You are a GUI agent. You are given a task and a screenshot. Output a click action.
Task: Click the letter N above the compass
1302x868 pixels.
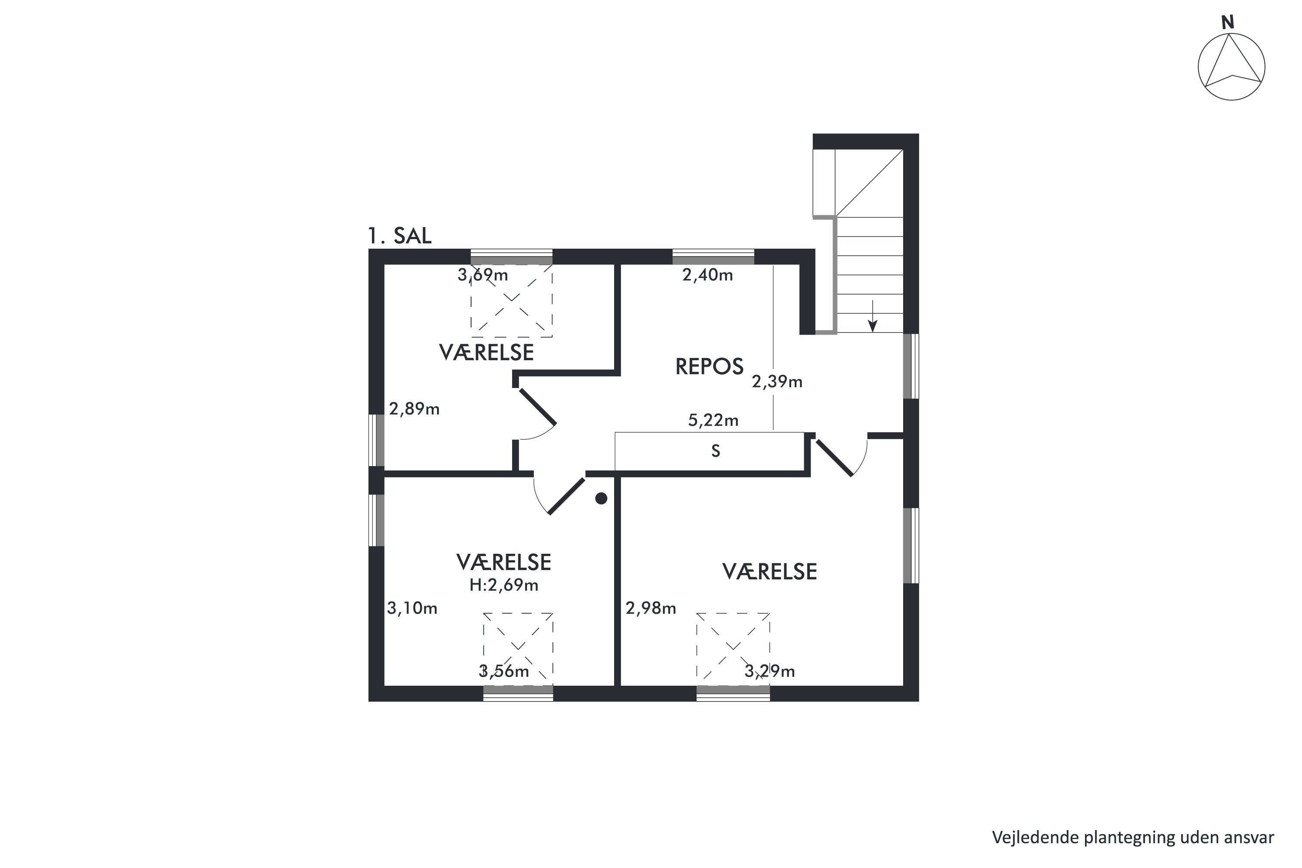1227,23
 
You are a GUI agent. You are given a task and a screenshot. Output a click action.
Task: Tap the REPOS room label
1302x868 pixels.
709,366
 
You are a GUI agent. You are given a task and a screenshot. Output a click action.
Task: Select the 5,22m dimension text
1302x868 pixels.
713,420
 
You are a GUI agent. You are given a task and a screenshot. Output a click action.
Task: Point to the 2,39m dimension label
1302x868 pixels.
777,381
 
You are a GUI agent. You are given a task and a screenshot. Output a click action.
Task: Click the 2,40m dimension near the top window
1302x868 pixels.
707,275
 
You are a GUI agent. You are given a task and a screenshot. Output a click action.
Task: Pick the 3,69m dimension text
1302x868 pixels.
483,275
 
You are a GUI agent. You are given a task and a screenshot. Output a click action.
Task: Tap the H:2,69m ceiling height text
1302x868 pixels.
504,585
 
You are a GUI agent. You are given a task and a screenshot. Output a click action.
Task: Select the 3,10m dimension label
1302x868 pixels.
412,608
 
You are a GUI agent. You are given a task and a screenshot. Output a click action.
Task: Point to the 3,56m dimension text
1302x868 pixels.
504,671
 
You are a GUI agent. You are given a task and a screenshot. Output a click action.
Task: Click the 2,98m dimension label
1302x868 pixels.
651,608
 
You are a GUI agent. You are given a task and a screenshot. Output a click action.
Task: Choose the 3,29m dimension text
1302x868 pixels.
769,671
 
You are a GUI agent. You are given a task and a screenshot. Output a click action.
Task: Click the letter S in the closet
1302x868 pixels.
716,451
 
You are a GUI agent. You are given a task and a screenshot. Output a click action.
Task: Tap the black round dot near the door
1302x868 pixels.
601,499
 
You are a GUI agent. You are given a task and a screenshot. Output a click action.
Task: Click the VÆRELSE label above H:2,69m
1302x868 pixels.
504,562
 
